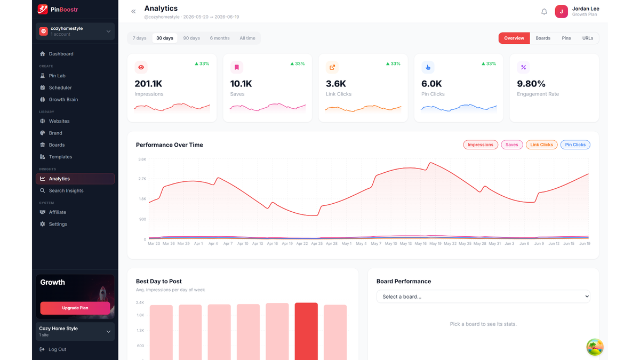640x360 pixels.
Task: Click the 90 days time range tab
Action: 191,38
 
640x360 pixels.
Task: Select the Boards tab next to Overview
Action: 543,38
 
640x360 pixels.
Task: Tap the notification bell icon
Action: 544,12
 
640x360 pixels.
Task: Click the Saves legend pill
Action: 511,145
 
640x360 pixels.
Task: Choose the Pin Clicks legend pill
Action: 575,145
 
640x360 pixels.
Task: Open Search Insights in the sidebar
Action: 66,190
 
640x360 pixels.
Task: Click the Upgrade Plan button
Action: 75,308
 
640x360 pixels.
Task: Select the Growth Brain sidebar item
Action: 63,99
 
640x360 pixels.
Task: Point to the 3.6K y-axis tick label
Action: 142,159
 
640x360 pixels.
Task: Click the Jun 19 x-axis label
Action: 585,243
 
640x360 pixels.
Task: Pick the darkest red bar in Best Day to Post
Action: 306,331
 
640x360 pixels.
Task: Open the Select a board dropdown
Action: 483,297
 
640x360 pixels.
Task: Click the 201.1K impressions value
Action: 148,84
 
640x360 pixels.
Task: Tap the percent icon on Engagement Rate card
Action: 523,67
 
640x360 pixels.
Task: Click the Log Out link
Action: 57,349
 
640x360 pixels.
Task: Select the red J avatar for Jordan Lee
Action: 561,12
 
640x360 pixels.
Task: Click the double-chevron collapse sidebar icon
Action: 133,11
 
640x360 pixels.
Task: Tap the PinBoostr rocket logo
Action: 43,9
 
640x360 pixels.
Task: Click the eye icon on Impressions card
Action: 141,67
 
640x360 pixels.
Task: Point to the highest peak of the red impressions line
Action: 430,163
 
